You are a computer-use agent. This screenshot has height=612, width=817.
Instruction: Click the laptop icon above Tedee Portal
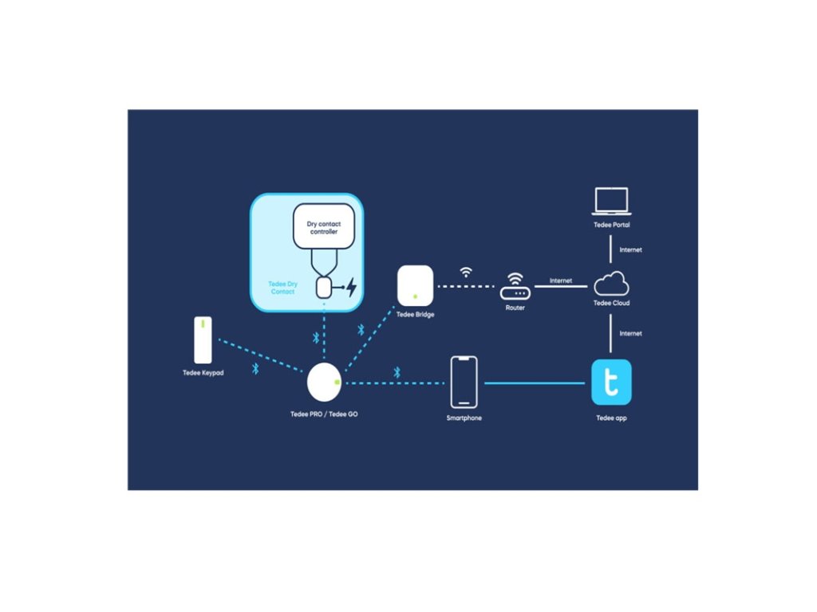coord(610,201)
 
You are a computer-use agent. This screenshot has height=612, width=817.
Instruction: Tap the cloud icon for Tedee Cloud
coord(611,284)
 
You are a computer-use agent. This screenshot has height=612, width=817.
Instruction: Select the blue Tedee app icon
coord(611,382)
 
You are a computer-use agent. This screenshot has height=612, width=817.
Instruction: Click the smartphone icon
coord(464,382)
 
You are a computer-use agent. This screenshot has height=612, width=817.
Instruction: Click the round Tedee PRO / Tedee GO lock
coord(324,382)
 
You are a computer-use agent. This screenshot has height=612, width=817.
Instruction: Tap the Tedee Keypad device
coord(203,340)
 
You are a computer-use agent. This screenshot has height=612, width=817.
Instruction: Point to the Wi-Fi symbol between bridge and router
coord(466,273)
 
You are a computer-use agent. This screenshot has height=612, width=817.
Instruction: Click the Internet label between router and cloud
coord(560,281)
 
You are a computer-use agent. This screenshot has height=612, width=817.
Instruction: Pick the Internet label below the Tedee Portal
coord(630,250)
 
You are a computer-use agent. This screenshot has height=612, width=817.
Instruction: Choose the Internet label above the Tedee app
coord(630,333)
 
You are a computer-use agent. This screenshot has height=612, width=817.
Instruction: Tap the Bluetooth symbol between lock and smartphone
coord(397,372)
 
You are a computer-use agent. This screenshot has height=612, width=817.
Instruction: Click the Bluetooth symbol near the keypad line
coord(255,368)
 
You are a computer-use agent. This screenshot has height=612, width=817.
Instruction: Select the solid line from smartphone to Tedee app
coord(535,383)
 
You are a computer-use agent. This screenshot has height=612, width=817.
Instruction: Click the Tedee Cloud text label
coord(611,304)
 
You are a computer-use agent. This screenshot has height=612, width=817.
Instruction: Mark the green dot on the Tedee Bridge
coord(415,296)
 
